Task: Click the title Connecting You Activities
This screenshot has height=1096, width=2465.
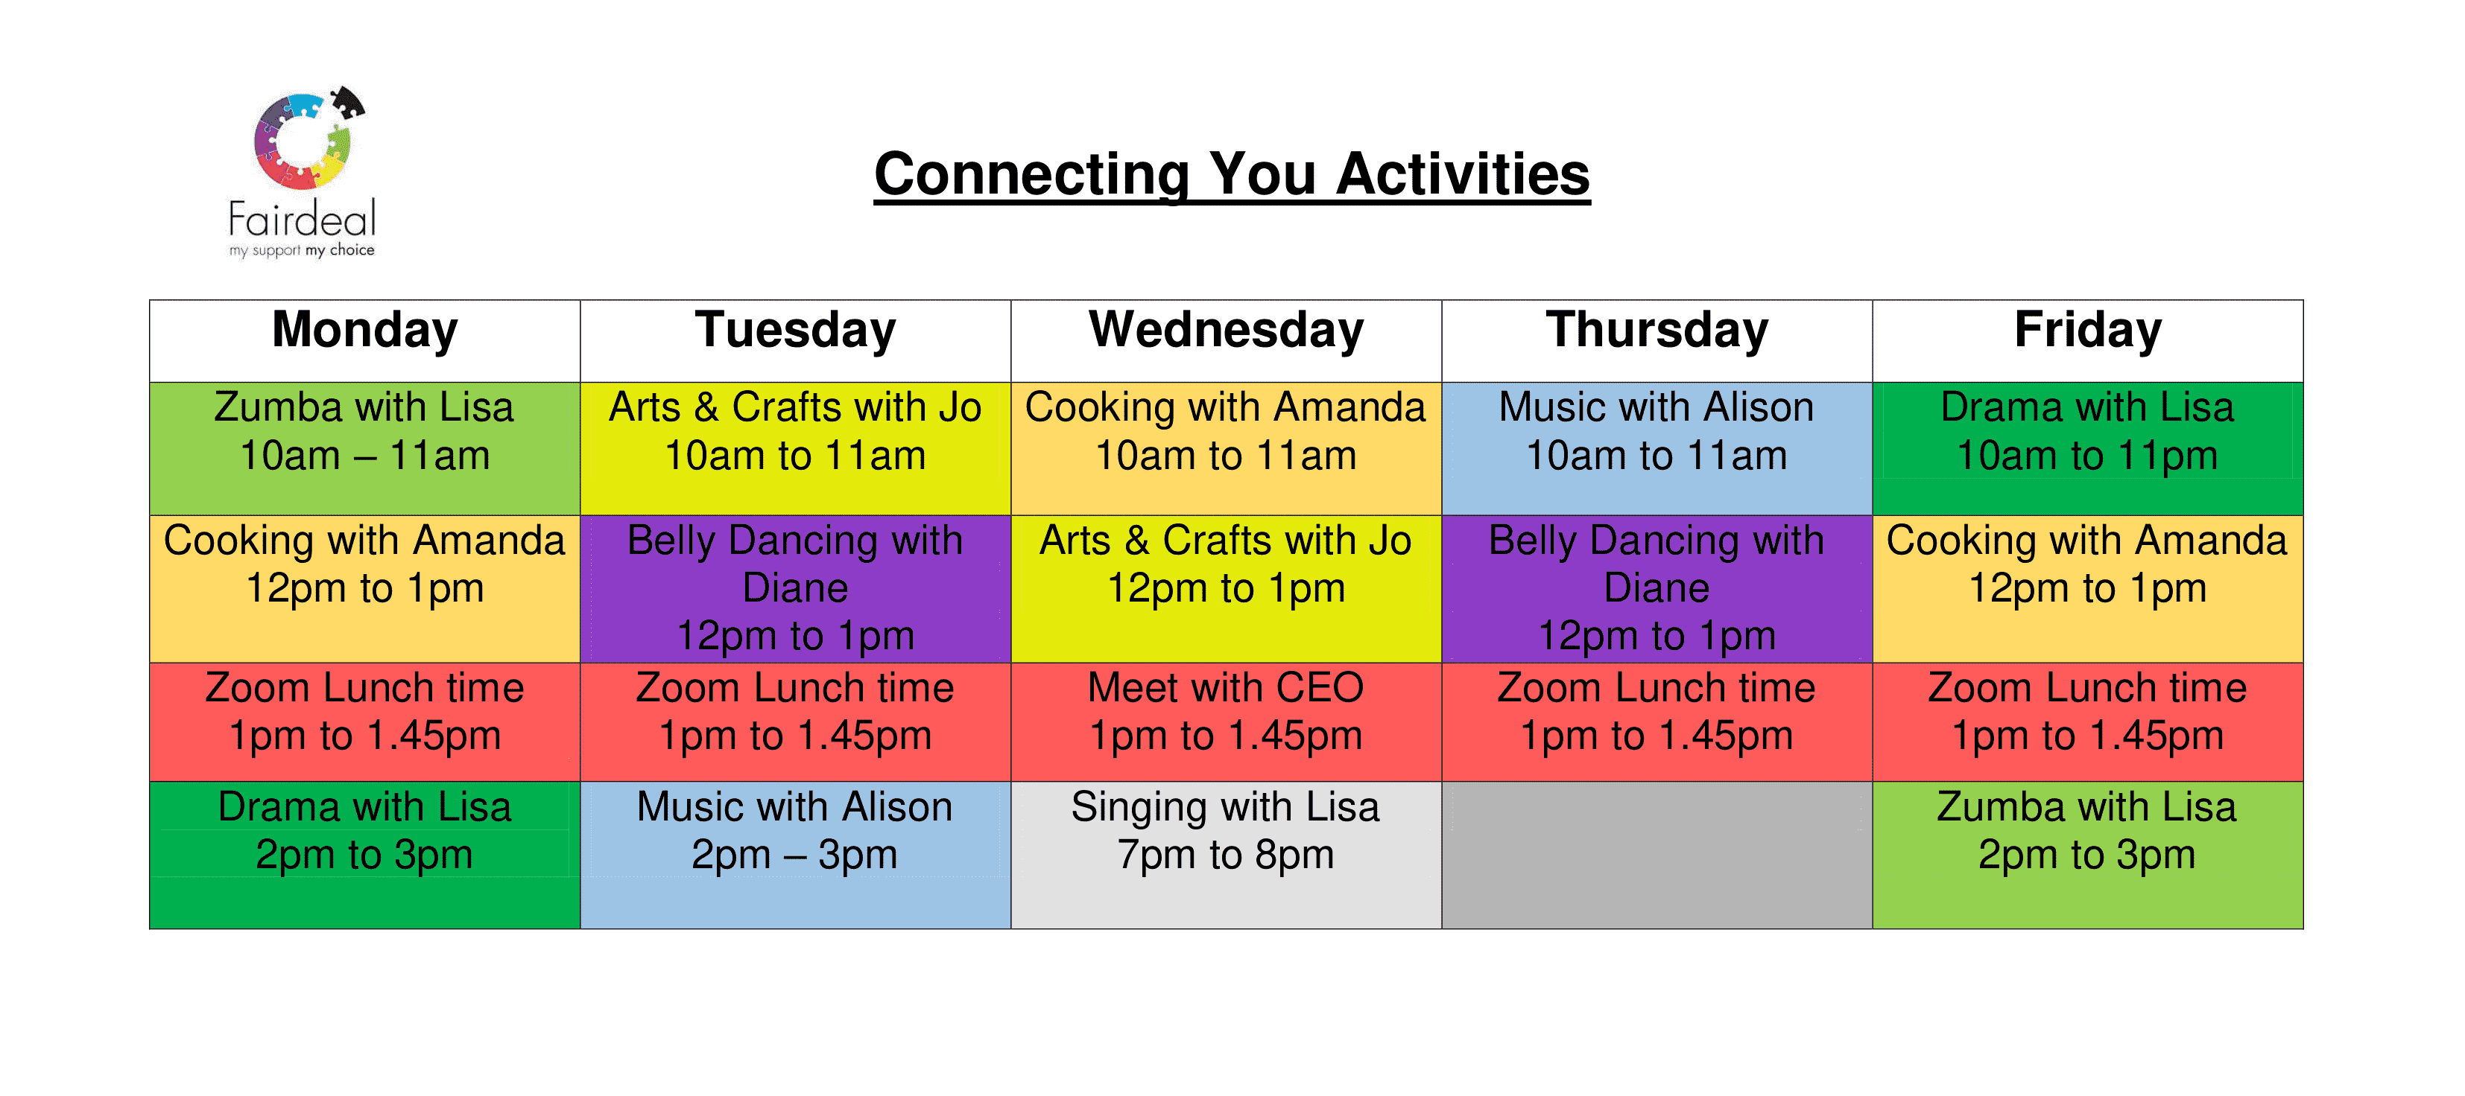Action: click(x=1232, y=175)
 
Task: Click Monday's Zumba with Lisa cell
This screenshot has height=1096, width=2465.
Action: click(x=364, y=448)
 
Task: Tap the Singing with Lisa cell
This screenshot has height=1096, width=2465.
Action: click(x=1226, y=855)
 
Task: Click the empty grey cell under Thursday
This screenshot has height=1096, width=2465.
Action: click(x=1656, y=855)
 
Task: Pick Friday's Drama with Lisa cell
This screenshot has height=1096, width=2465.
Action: click(x=2087, y=448)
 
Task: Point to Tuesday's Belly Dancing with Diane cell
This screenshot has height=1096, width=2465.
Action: click(x=795, y=589)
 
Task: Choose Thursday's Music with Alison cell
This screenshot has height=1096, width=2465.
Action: click(x=1656, y=448)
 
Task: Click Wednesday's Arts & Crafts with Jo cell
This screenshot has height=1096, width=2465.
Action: click(x=1226, y=589)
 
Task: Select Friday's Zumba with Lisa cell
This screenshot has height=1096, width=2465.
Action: click(x=2087, y=855)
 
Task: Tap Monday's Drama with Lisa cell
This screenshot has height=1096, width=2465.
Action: click(x=364, y=855)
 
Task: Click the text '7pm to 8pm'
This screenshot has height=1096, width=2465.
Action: click(x=1226, y=855)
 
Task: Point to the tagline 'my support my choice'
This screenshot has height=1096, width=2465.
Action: click(x=302, y=251)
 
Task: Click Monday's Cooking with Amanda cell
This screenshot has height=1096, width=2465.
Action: click(x=364, y=589)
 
